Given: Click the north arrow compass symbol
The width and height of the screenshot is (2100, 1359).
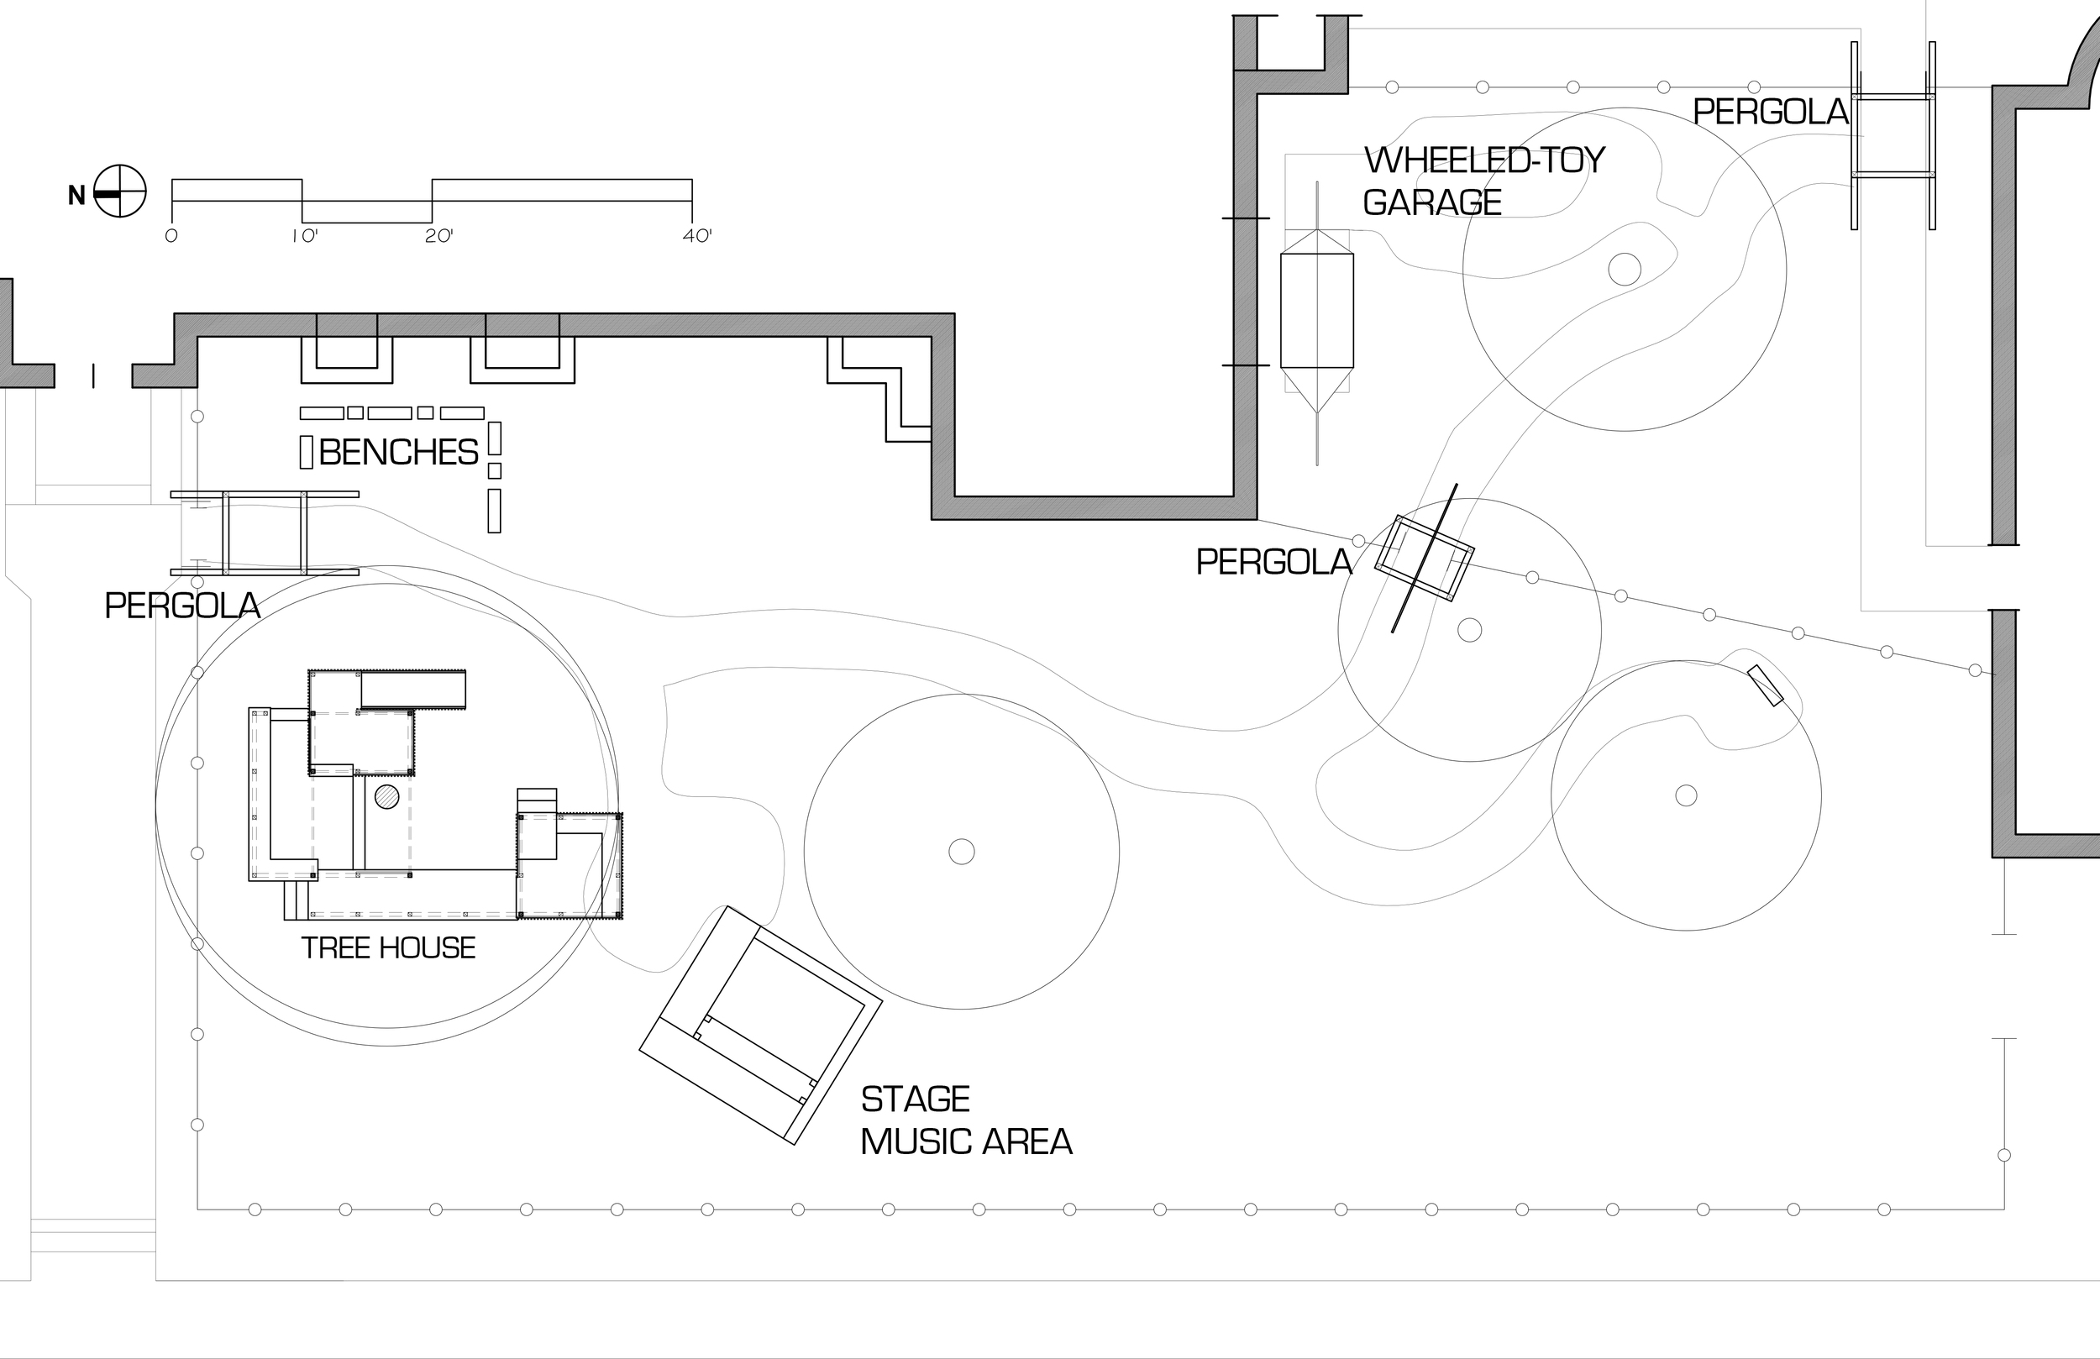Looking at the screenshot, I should [119, 191].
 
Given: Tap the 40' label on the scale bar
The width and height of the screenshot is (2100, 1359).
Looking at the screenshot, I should [696, 236].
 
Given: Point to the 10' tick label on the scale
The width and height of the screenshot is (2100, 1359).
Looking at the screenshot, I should [303, 236].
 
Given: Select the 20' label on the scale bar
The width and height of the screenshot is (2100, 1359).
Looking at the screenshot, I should [438, 236].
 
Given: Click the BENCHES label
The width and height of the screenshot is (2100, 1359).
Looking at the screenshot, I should [398, 453].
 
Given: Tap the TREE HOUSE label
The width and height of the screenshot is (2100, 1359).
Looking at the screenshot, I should [388, 947].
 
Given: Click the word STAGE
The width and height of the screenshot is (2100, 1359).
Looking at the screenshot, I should [915, 1099].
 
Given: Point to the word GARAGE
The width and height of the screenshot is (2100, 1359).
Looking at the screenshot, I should [1431, 203].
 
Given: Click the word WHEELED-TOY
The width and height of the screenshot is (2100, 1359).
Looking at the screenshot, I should [1484, 160].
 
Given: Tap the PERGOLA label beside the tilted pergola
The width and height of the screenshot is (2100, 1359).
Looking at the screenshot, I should [1273, 562].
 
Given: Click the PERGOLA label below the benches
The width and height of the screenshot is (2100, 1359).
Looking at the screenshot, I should [181, 606].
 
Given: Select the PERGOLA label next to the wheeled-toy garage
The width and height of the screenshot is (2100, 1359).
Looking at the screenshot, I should [1770, 112].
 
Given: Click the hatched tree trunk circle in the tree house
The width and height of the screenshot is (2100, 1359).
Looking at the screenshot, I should [386, 797].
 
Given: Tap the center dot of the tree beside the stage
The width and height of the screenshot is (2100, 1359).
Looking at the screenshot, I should [961, 852].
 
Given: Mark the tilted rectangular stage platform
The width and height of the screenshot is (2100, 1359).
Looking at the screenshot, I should [760, 1025].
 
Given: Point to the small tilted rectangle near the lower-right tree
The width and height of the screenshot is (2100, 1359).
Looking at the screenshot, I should [1765, 685].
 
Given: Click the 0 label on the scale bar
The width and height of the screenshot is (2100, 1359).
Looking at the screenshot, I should [171, 236].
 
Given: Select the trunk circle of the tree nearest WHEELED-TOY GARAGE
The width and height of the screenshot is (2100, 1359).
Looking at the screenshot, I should [1625, 269].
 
